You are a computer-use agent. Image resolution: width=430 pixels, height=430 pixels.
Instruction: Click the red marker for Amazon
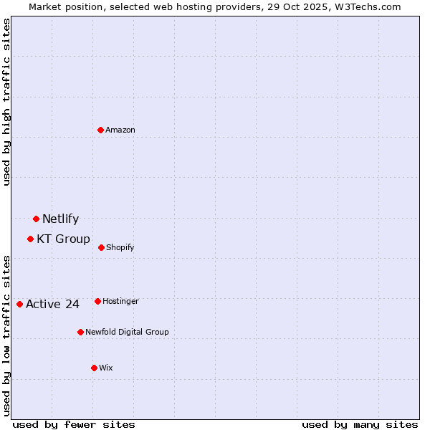[101, 130]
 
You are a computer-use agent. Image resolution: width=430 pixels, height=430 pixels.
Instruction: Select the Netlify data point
[36, 219]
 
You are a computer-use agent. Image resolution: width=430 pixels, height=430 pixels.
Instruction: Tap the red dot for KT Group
[30, 239]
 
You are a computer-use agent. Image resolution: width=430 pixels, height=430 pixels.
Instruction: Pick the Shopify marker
[101, 247]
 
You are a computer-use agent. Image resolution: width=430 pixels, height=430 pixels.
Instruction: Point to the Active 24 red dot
[19, 304]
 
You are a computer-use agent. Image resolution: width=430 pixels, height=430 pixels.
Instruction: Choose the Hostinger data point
[97, 301]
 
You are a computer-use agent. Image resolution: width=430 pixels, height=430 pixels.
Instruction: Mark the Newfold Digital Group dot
[80, 332]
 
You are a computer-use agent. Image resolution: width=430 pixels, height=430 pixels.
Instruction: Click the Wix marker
[94, 368]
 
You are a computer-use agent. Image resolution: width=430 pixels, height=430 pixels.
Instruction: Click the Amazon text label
[120, 130]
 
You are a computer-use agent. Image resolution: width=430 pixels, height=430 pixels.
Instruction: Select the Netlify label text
[60, 219]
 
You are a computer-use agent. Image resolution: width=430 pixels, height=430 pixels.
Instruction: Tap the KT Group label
[63, 239]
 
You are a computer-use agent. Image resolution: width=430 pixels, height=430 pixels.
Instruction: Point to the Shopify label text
[120, 248]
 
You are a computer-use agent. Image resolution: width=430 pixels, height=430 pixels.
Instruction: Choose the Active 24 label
[52, 305]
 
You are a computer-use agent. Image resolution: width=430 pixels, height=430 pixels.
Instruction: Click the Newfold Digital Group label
[127, 333]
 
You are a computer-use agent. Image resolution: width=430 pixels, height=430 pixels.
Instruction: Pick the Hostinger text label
[120, 302]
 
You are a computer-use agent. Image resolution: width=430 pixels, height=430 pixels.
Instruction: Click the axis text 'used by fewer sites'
[74, 425]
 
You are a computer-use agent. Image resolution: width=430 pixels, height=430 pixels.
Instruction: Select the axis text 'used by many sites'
[360, 425]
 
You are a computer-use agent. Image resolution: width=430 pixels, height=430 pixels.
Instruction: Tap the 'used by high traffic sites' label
[7, 102]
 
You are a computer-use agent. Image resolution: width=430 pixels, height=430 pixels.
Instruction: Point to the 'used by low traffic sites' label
[7, 335]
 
